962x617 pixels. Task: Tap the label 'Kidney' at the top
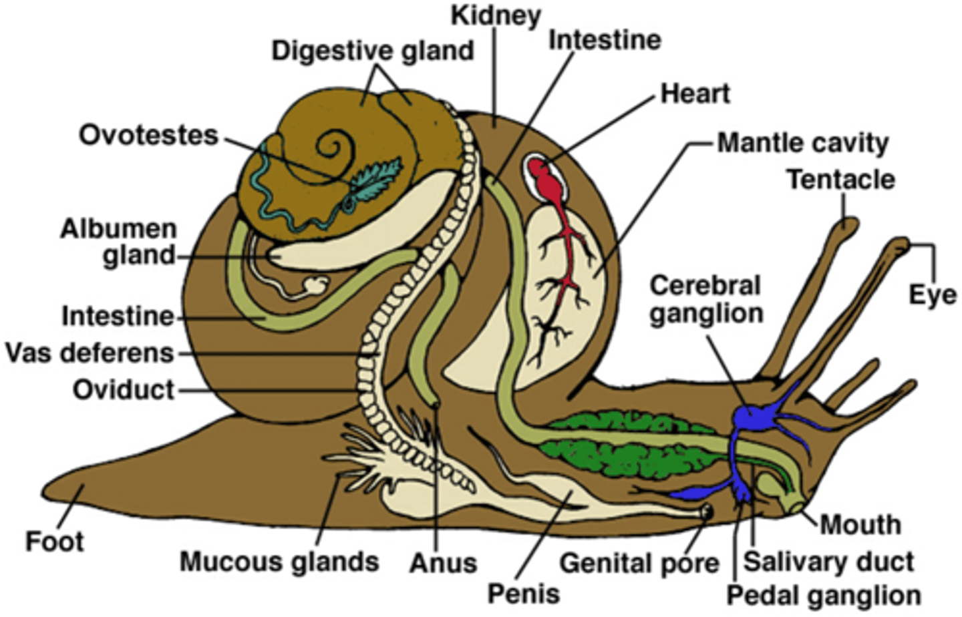pyautogui.click(x=496, y=15)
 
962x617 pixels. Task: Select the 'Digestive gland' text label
pyautogui.click(x=372, y=51)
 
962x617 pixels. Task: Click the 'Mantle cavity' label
pyautogui.click(x=802, y=143)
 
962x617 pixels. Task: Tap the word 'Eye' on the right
pyautogui.click(x=932, y=294)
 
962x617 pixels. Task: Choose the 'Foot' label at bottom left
pyautogui.click(x=55, y=541)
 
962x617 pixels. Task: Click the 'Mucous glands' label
pyautogui.click(x=279, y=562)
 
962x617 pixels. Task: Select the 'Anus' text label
pyautogui.click(x=443, y=563)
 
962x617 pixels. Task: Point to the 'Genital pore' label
pyautogui.click(x=639, y=563)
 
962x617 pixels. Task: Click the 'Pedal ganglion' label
pyautogui.click(x=823, y=595)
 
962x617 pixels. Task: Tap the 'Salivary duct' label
pyautogui.click(x=828, y=562)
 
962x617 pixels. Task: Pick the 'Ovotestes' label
pyautogui.click(x=148, y=135)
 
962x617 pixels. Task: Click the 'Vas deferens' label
pyautogui.click(x=90, y=353)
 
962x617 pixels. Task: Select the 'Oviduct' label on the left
pyautogui.click(x=124, y=389)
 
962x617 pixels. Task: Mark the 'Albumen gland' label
pyautogui.click(x=119, y=242)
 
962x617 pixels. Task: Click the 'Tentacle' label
pyautogui.click(x=840, y=180)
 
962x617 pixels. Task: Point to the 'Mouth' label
pyautogui.click(x=860, y=524)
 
